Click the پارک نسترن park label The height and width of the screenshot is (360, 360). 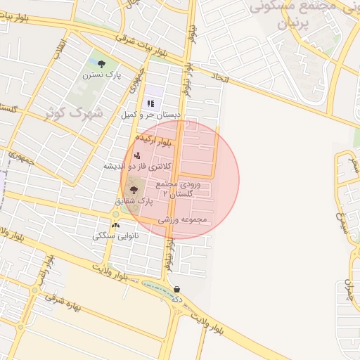[x=101, y=74]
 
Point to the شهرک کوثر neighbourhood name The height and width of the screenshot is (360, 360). [x=73, y=112]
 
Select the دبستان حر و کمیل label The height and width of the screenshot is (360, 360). [x=151, y=114]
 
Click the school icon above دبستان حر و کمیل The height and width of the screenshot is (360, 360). [x=150, y=103]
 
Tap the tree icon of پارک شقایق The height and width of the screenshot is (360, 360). [x=134, y=190]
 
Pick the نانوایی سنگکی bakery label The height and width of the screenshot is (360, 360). [x=115, y=236]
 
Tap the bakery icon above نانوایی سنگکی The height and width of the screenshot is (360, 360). [x=115, y=226]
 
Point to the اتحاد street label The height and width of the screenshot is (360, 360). [x=219, y=79]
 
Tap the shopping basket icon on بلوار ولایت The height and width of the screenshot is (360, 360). [x=176, y=289]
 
